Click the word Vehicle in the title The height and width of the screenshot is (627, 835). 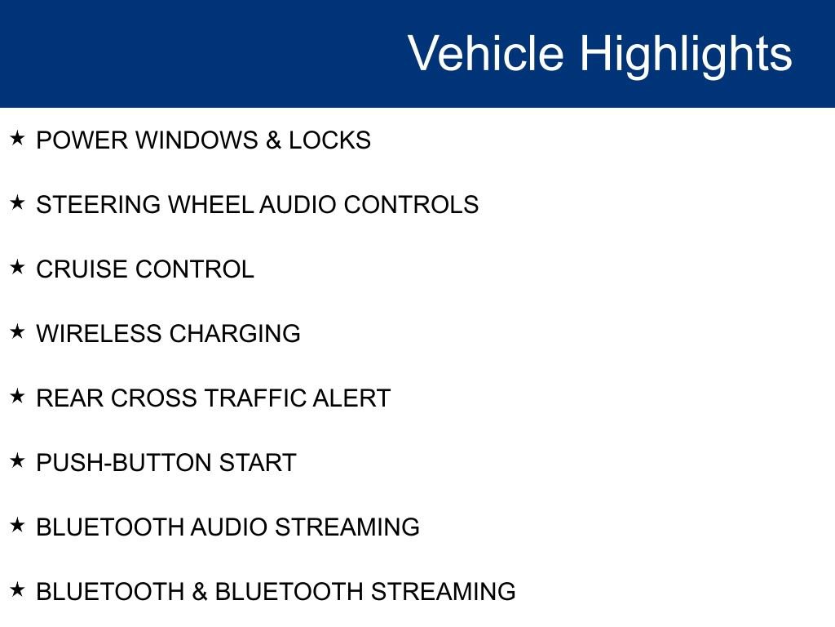[x=486, y=53]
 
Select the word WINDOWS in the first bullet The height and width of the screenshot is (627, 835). [x=197, y=140]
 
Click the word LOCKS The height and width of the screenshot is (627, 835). [x=329, y=140]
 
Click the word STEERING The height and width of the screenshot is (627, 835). [x=98, y=205]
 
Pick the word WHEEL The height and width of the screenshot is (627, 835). [x=210, y=205]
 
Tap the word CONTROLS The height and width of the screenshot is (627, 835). [x=411, y=205]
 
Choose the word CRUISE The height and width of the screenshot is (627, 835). [x=82, y=269]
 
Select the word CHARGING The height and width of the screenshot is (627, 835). [x=235, y=334]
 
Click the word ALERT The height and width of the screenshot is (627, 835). [x=351, y=398]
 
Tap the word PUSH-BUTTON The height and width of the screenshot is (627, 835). [x=124, y=463]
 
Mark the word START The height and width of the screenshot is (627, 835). [x=258, y=463]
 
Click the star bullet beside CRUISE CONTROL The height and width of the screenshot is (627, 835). [x=17, y=267]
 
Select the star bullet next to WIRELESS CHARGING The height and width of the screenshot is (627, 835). [x=17, y=331]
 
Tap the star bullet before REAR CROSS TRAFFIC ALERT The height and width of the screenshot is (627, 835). [x=17, y=396]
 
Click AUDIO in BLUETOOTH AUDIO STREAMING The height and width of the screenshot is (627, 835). [x=229, y=527]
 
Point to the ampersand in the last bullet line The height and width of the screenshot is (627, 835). [x=200, y=592]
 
